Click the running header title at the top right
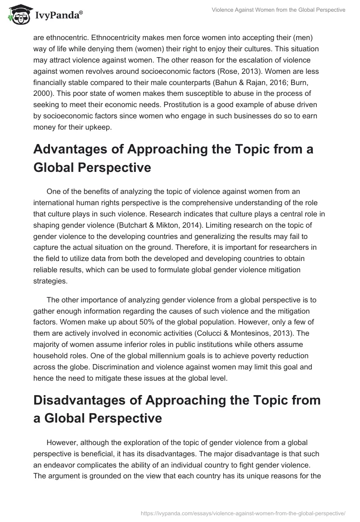(x=279, y=10)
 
